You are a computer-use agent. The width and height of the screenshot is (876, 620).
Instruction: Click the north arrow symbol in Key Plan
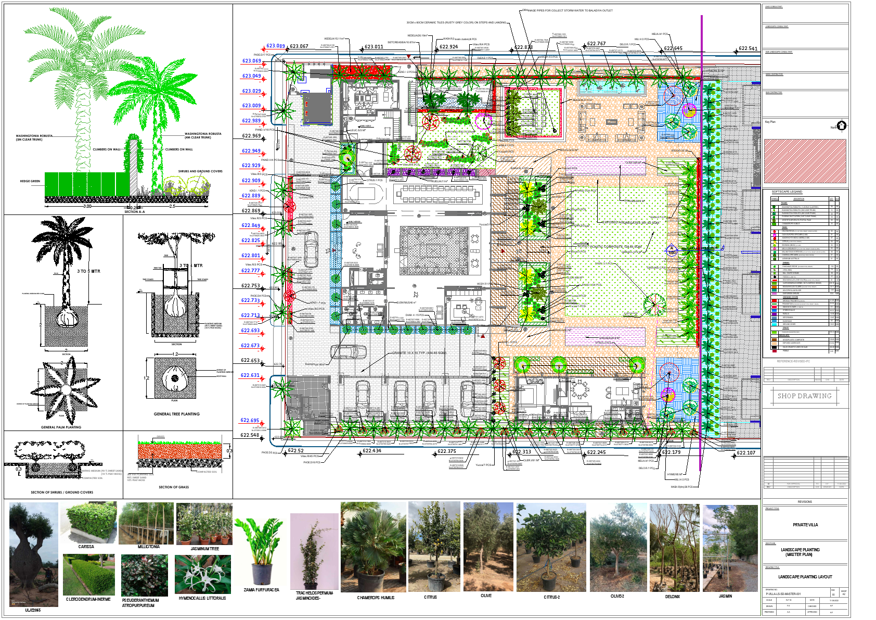click(841, 125)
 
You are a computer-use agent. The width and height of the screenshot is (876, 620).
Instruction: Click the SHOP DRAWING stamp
click(804, 396)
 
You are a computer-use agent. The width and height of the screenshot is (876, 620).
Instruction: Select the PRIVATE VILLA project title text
click(805, 525)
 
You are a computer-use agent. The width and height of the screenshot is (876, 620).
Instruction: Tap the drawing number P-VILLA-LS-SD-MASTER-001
click(783, 593)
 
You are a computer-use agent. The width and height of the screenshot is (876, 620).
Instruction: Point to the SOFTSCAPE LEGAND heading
click(787, 192)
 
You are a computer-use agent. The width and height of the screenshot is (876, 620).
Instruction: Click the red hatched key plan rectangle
click(805, 161)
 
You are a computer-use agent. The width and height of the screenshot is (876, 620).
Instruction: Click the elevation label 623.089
click(276, 46)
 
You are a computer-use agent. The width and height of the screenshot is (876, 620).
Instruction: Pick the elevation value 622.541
click(748, 48)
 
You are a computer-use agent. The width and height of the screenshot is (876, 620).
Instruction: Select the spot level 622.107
click(746, 452)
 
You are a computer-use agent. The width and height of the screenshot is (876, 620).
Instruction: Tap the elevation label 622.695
click(250, 420)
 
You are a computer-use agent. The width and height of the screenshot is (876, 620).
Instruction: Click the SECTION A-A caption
click(134, 212)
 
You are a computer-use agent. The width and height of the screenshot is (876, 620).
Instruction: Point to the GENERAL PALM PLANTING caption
click(61, 427)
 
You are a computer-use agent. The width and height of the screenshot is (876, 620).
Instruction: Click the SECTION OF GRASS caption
click(174, 487)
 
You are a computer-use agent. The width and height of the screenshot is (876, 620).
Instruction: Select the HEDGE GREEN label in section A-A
click(30, 181)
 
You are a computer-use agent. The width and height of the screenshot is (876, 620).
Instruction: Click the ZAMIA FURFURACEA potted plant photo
click(262, 552)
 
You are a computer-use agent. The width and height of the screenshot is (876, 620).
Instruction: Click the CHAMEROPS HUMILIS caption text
click(376, 598)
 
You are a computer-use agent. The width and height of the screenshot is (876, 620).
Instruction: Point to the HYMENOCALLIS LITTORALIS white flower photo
click(202, 574)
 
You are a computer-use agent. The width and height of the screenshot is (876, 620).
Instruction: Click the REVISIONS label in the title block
click(805, 502)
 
